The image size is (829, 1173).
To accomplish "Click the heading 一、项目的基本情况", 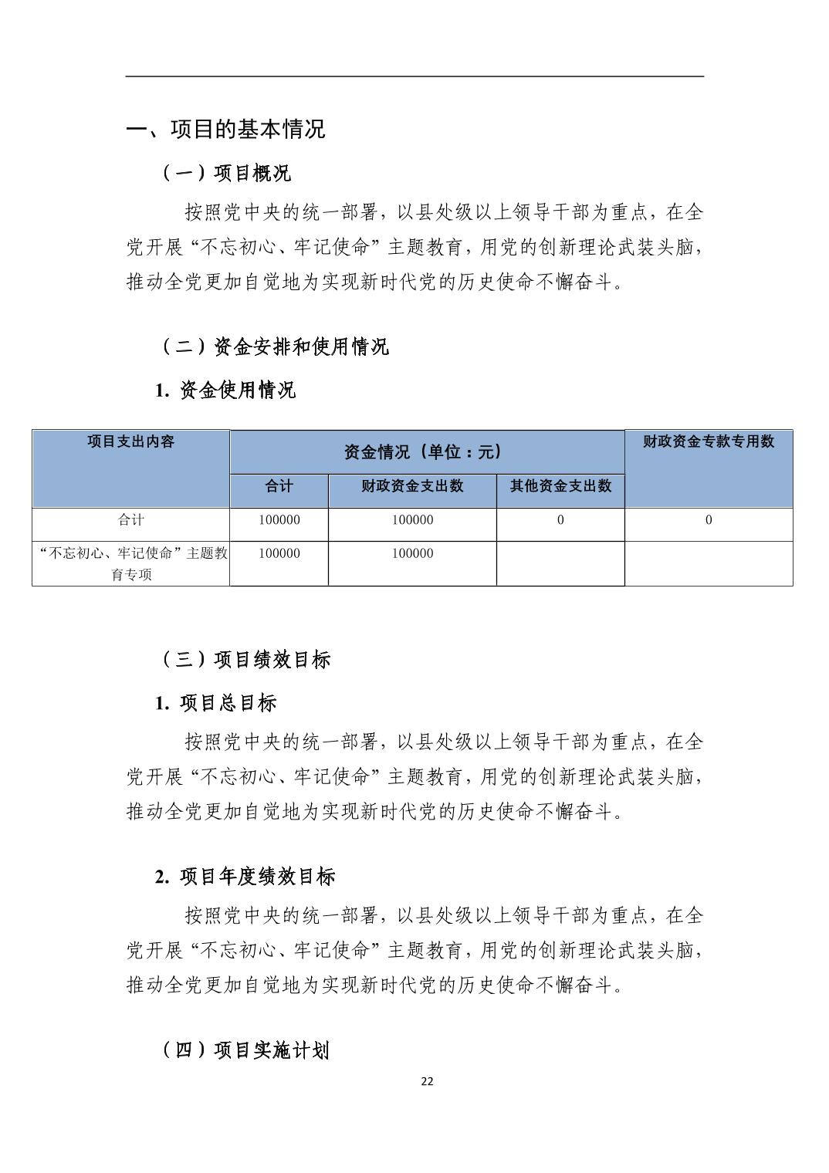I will point(225,130).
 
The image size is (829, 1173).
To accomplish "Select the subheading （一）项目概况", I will point(226,174).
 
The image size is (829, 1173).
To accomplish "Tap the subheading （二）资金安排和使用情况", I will point(275,347).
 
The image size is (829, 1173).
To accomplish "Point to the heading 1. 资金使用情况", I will point(225,390).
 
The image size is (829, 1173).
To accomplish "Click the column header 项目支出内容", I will point(130,441).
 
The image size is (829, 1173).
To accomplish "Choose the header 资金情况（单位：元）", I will point(427,452).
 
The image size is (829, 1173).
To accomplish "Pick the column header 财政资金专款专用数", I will point(708,441).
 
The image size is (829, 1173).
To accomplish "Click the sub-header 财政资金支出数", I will point(412,486).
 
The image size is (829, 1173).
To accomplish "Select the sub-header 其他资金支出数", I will point(560,486).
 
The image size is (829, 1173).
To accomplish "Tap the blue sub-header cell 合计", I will point(279,486).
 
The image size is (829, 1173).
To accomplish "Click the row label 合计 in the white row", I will point(130,520).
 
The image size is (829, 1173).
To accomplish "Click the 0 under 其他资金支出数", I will point(560,520).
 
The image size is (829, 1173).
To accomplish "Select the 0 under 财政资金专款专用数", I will point(709,520).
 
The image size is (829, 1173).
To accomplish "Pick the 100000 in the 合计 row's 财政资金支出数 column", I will point(412,520).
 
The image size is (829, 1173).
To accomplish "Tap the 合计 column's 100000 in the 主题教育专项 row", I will point(279,553).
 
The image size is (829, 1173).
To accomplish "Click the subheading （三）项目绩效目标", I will point(245,660).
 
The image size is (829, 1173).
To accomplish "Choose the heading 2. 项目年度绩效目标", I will point(245,877).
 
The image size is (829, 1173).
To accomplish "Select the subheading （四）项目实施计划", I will point(245,1050).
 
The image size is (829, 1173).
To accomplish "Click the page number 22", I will point(427,1081).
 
